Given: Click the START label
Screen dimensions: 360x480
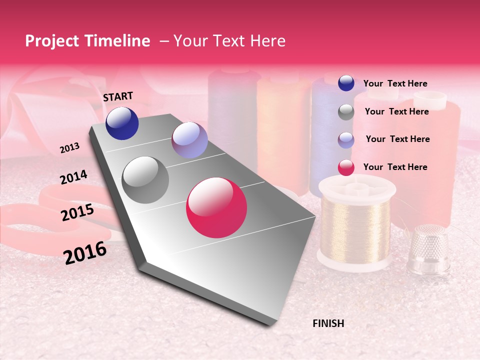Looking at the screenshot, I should pos(118,96).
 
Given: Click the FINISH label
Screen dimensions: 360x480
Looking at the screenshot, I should pos(328,323).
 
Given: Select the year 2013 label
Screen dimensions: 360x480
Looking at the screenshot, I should pos(70,148).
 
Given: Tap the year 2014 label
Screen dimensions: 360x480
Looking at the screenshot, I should pos(73,177).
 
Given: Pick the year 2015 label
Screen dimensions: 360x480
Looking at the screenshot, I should pos(77,212).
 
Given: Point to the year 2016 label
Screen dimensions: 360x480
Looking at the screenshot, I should pos(85,252).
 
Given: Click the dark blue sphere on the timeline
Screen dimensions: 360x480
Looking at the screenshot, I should pos(122,123).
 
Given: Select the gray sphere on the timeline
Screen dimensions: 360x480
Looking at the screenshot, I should pos(145,180).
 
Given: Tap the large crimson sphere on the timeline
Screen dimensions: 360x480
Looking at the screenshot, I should pos(216,207).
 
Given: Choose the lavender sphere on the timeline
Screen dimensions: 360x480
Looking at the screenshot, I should pos(189,140).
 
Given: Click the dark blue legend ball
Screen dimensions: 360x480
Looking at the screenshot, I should pos(346,83).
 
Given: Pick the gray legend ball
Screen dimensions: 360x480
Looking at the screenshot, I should pos(346,112).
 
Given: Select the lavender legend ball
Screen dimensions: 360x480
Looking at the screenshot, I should pos(346,140).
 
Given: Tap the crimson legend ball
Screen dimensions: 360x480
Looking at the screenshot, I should pos(346,168).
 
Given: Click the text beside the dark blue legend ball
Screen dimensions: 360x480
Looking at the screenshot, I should pos(395,83).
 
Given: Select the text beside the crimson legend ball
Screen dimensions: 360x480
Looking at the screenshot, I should pos(395,167).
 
